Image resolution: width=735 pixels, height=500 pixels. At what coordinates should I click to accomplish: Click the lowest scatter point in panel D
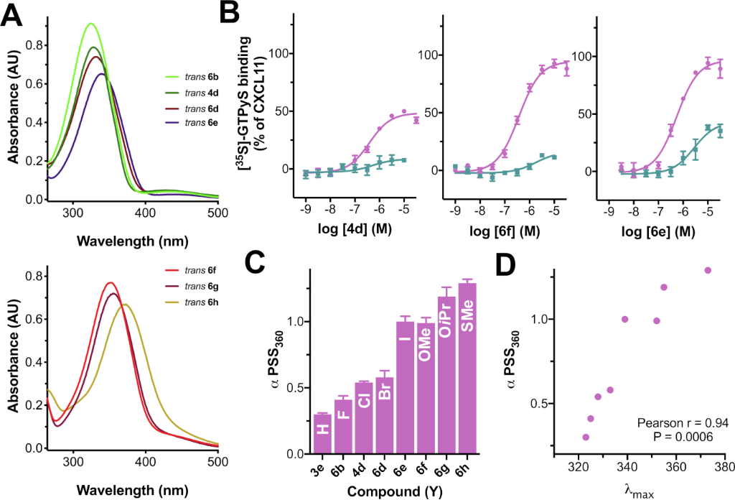(x=586, y=437)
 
